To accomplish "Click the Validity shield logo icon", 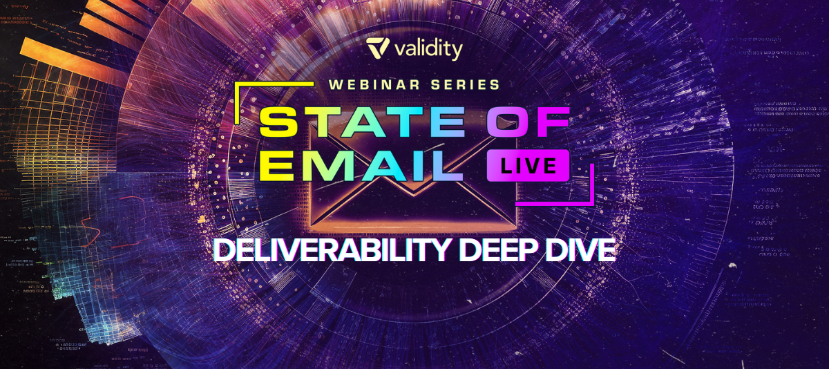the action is pyautogui.click(x=377, y=48).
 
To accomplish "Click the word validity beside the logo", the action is pyautogui.click(x=428, y=50).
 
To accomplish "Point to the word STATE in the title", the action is pyautogui.click(x=362, y=122).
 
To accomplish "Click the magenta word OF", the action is pyautogui.click(x=528, y=122).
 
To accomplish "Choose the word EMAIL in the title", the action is pyautogui.click(x=361, y=166).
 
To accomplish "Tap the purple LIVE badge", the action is pyautogui.click(x=528, y=165).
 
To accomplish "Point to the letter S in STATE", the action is pyautogui.click(x=278, y=122).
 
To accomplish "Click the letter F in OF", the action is pyautogui.click(x=551, y=122).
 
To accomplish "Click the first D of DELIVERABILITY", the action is pyautogui.click(x=225, y=250).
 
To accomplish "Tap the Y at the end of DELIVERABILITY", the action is pyautogui.click(x=439, y=250).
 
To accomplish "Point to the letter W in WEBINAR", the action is pyautogui.click(x=336, y=85).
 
